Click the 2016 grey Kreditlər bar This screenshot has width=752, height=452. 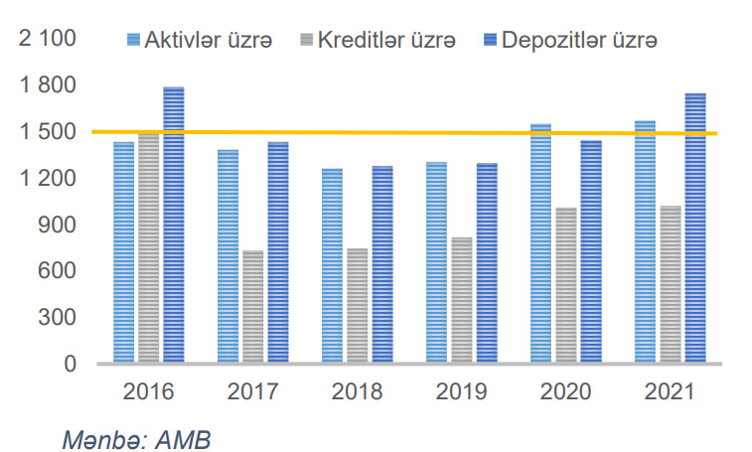coord(148,248)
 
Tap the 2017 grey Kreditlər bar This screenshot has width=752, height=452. coord(252,307)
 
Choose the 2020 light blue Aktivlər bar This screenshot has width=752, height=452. coord(540,244)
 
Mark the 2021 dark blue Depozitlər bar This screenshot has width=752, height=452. coord(695,228)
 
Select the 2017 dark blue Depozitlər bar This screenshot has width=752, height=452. coord(277,253)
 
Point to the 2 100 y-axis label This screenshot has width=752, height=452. coord(49,40)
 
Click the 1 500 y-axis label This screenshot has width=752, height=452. coord(49,132)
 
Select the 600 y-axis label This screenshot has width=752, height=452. coord(60,271)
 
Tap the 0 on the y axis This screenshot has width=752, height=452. coord(70,364)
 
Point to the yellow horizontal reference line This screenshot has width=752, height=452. coord(397,132)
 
